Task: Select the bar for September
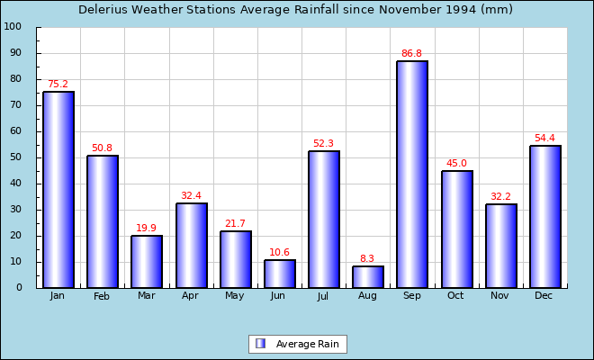pyautogui.click(x=412, y=175)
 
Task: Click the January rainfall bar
pyautogui.click(x=58, y=190)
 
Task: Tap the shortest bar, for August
pyautogui.click(x=368, y=277)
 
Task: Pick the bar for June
pyautogui.click(x=280, y=274)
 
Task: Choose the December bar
pyautogui.click(x=544, y=217)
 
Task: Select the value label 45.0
pyautogui.click(x=456, y=164)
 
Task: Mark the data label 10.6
pyautogui.click(x=279, y=253)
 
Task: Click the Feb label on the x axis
pyautogui.click(x=102, y=296)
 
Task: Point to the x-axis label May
pyautogui.click(x=235, y=295)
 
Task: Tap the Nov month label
pyautogui.click(x=499, y=295)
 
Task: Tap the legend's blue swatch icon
pyautogui.click(x=261, y=344)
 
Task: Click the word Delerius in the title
pyautogui.click(x=106, y=10)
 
